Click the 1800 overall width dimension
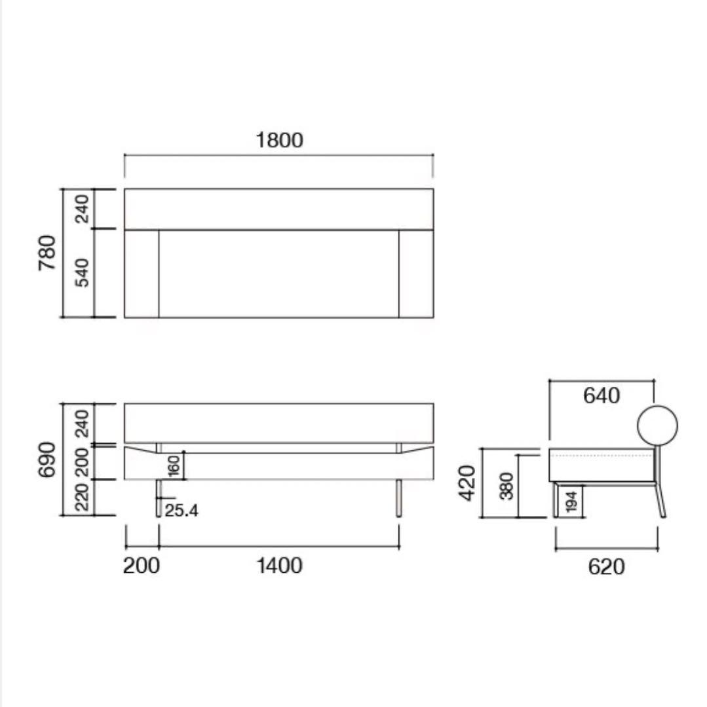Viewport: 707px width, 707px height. [x=279, y=140]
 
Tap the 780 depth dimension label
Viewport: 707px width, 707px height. [x=47, y=253]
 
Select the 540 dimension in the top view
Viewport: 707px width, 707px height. [x=82, y=272]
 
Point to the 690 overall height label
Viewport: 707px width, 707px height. [x=47, y=460]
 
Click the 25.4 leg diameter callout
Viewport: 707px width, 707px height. [x=181, y=511]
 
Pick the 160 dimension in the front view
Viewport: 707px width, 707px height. [x=174, y=466]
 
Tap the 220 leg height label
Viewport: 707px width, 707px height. [x=82, y=498]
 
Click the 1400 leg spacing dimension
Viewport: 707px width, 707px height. [x=279, y=566]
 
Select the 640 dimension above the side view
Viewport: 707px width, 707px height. [x=602, y=395]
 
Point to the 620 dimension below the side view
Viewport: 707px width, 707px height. [x=606, y=567]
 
